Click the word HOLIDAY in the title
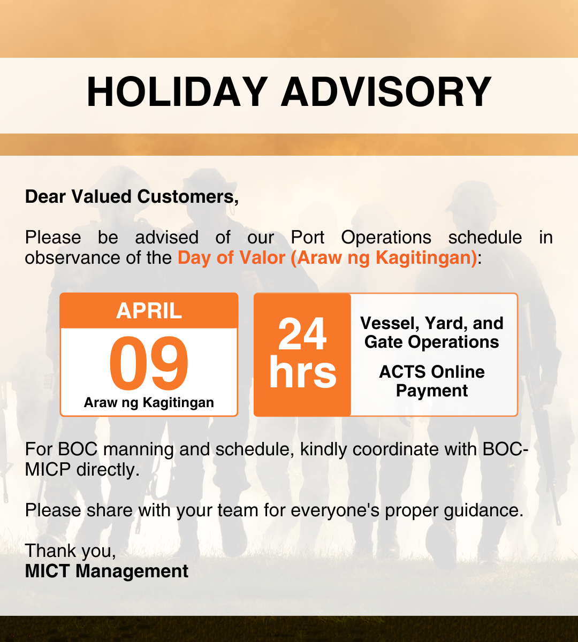pyautogui.click(x=177, y=93)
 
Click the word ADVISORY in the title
pyautogui.click(x=386, y=93)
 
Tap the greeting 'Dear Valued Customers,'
pyautogui.click(x=132, y=197)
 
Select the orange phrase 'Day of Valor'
pyautogui.click(x=231, y=258)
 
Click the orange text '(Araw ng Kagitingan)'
pyautogui.click(x=384, y=258)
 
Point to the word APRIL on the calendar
pyautogui.click(x=149, y=311)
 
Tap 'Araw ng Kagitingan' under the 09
pyautogui.click(x=149, y=403)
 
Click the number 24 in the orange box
pyautogui.click(x=302, y=335)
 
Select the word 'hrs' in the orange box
pyautogui.click(x=302, y=372)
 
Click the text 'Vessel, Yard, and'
pyautogui.click(x=432, y=323)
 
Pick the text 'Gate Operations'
pyautogui.click(x=432, y=342)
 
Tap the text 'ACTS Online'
pyautogui.click(x=432, y=372)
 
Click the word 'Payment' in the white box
pyautogui.click(x=432, y=391)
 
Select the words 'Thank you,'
pyautogui.click(x=70, y=551)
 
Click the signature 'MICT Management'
pyautogui.click(x=107, y=571)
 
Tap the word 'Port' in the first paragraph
pyautogui.click(x=308, y=238)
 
